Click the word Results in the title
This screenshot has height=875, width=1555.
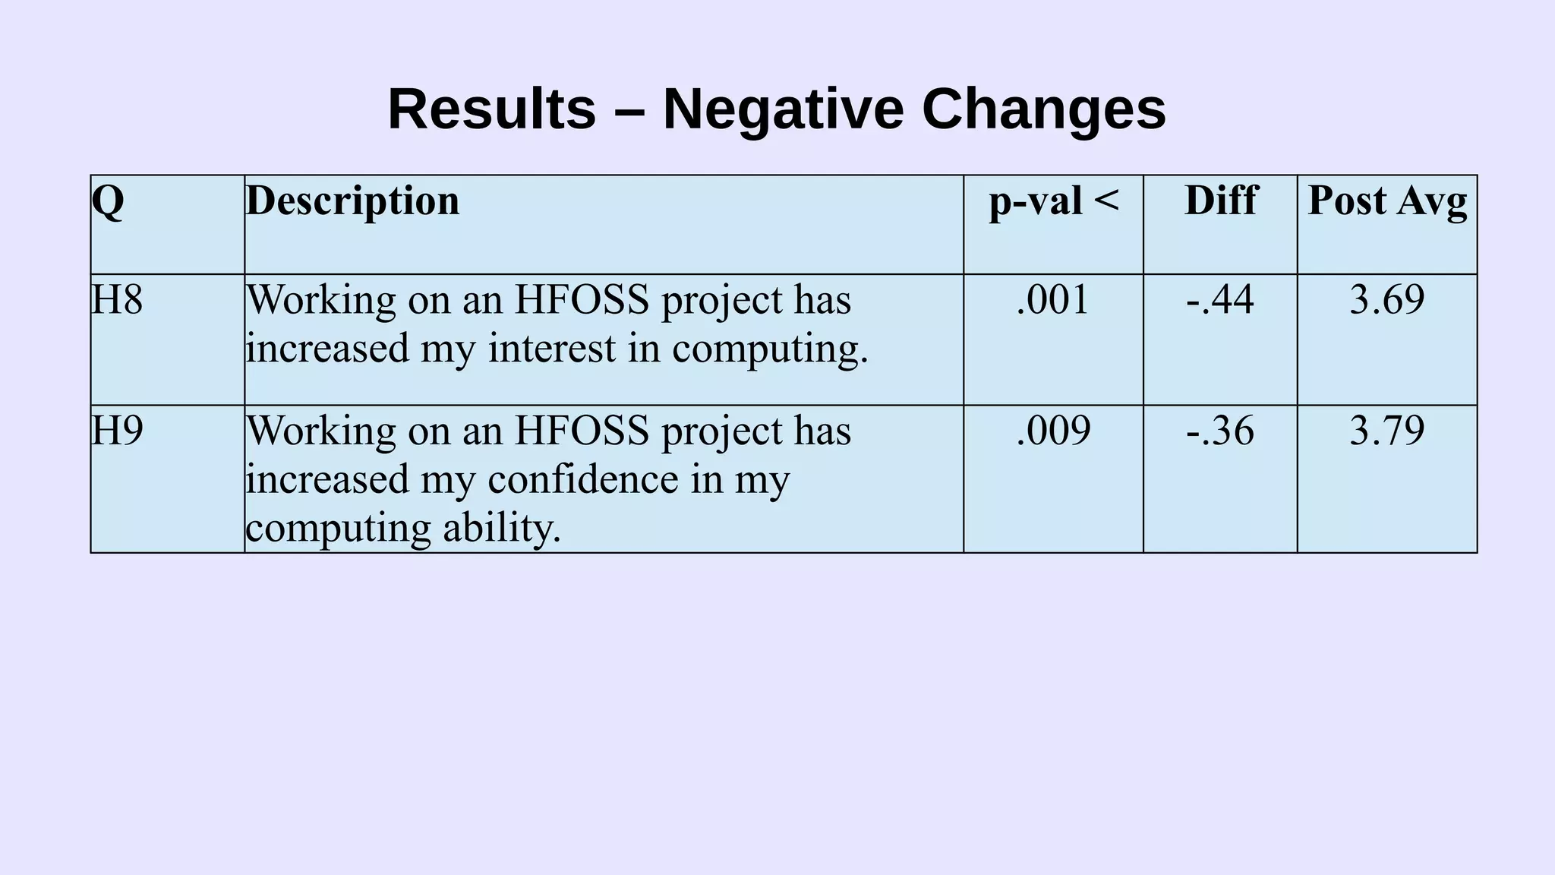point(491,109)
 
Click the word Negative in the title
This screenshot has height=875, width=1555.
point(783,109)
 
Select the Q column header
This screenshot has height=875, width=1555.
point(108,201)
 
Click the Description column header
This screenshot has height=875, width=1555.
point(352,201)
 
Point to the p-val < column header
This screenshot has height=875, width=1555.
point(1054,201)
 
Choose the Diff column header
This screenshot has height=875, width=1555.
point(1220,201)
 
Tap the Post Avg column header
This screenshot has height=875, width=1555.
point(1387,201)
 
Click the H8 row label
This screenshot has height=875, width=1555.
point(117,299)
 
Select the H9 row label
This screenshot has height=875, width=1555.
point(117,431)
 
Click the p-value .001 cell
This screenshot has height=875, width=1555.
point(1053,299)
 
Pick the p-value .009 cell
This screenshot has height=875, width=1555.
point(1053,431)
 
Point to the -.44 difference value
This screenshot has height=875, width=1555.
point(1220,299)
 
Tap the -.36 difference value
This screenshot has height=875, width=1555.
point(1220,431)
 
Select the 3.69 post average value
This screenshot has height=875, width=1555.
point(1387,299)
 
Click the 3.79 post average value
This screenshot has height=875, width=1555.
point(1387,431)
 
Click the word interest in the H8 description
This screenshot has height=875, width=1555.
point(552,349)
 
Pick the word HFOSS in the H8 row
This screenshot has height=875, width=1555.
point(582,299)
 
